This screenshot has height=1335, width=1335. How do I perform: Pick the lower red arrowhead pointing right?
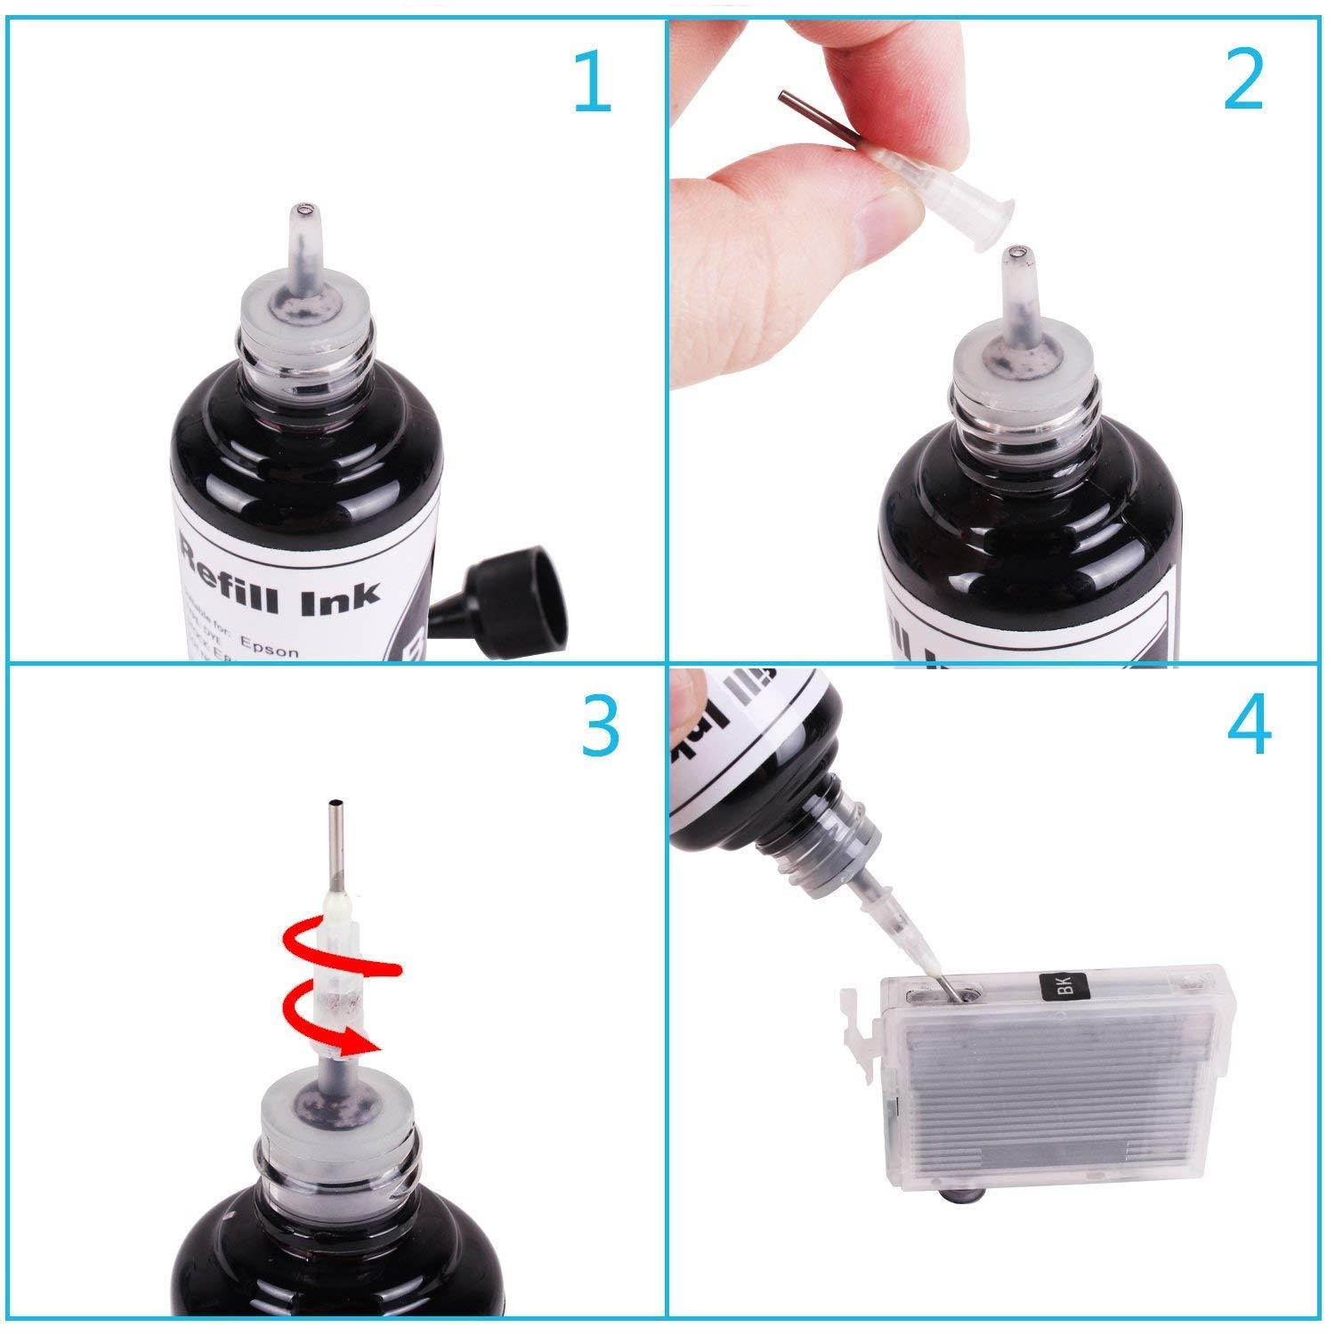[365, 1039]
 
